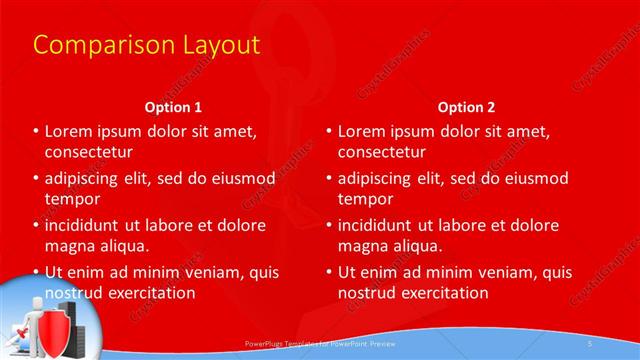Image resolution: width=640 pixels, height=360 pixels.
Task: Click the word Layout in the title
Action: pos(212,46)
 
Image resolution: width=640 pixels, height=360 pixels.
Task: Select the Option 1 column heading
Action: pos(173,106)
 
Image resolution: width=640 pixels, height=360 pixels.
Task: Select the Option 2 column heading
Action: pos(466,106)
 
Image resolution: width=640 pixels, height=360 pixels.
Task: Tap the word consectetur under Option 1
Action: pos(89,152)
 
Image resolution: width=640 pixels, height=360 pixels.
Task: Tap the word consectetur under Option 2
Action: pos(381,152)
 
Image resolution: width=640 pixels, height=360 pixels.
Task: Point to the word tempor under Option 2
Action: pos(366,199)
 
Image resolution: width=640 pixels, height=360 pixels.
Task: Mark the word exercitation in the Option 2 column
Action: pos(440,293)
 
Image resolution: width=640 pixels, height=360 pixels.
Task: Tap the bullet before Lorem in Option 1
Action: pos(36,132)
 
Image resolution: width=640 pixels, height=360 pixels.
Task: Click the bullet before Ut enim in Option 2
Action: pos(329,272)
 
